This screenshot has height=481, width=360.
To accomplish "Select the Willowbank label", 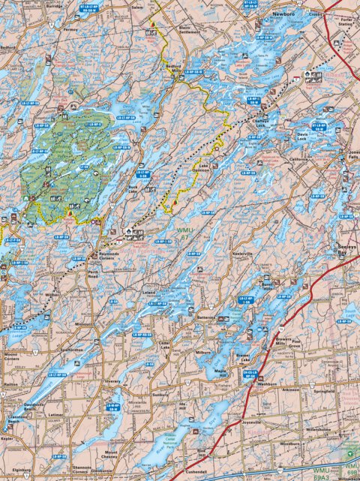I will coord(347,478).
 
